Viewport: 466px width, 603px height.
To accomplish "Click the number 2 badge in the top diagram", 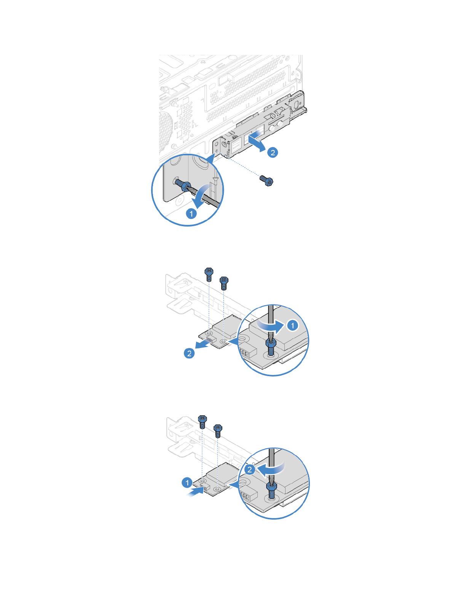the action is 273,153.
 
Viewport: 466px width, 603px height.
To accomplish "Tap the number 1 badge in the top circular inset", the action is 192,213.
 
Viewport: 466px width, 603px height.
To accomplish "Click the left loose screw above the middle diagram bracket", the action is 209,273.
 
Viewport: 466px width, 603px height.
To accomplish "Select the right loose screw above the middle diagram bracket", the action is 224,282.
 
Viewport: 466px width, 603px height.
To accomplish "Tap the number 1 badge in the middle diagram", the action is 292,325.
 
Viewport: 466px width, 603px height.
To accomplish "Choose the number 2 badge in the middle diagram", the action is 189,353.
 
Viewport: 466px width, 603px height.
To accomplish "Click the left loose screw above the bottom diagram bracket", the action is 203,421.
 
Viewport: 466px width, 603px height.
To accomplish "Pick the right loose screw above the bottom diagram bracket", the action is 218,430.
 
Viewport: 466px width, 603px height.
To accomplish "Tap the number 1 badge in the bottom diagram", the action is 187,483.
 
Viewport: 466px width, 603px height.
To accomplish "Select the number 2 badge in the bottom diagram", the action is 250,469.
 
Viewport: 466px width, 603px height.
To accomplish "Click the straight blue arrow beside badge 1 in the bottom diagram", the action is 197,491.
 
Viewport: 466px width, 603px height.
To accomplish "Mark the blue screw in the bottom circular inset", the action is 271,491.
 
